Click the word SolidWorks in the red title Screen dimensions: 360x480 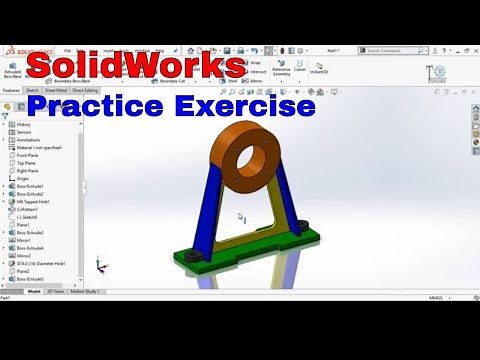[x=135, y=67]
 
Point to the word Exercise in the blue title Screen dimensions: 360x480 [x=249, y=104]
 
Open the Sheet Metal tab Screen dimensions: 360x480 [x=55, y=90]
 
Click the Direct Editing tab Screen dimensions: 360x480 [x=85, y=90]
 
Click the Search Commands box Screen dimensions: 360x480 [x=390, y=50]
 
